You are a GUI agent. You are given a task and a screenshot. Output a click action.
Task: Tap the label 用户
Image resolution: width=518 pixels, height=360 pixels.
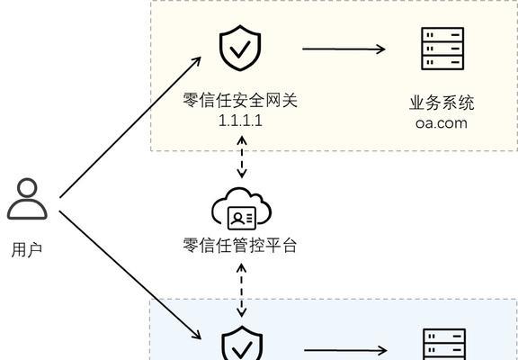(x=27, y=249)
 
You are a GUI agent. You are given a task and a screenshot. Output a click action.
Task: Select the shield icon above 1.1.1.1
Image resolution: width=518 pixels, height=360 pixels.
(x=240, y=48)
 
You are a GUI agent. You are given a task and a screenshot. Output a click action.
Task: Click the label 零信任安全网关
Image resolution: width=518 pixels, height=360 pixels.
(x=240, y=100)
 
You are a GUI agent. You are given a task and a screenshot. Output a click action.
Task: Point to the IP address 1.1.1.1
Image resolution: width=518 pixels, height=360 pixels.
(x=240, y=121)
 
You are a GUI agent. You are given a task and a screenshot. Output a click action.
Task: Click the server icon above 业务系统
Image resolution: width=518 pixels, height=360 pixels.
(x=442, y=49)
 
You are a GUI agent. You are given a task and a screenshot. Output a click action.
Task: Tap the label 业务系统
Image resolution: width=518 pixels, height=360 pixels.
(x=442, y=103)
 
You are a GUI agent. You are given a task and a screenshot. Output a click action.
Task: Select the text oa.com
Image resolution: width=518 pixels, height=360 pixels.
(x=442, y=123)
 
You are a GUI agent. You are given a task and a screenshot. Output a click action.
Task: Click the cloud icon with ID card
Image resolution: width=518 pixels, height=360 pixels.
(x=242, y=208)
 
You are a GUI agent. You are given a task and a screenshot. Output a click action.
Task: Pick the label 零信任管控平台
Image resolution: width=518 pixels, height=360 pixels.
(x=240, y=246)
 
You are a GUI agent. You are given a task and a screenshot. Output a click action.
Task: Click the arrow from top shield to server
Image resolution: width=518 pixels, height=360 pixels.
(x=344, y=49)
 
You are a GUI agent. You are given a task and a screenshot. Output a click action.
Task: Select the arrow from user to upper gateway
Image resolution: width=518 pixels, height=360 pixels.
(x=130, y=127)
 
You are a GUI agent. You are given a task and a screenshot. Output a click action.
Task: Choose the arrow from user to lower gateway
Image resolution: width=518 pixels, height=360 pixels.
(x=130, y=275)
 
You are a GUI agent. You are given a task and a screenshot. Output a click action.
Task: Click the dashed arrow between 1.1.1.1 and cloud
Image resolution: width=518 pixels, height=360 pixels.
(x=242, y=157)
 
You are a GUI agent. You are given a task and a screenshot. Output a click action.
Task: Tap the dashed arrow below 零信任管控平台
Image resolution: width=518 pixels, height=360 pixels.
(x=242, y=290)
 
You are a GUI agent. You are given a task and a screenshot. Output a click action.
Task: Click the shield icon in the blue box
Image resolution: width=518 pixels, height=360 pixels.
(x=242, y=344)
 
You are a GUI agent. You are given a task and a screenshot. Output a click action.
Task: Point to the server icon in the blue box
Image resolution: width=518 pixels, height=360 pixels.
(x=444, y=345)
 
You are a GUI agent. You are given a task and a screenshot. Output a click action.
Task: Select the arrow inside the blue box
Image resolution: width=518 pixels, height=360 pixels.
(x=345, y=350)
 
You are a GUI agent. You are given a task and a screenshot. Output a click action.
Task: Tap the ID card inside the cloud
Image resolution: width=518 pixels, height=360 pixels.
(x=242, y=218)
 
